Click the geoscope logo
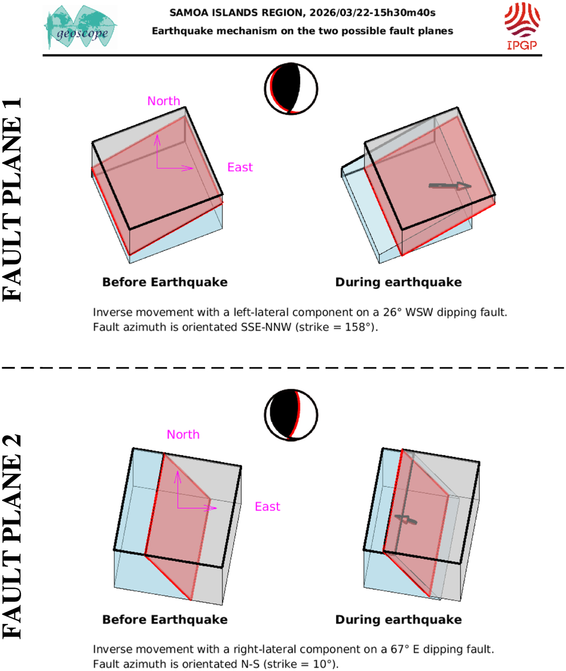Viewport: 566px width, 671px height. pos(80,27)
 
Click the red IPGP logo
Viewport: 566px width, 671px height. pos(522,26)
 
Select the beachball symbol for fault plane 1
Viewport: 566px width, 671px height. pos(291,89)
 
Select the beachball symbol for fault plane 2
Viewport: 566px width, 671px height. pos(291,415)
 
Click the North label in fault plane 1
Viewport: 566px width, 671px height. pos(163,101)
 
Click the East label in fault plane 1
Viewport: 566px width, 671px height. pos(240,167)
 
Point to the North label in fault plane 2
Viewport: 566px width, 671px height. pos(183,435)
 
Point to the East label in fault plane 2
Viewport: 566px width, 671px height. pos(267,507)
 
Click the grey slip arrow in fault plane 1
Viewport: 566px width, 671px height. pos(450,186)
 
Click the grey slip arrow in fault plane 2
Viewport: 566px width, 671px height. pos(406,519)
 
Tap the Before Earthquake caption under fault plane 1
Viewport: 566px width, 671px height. pos(165,282)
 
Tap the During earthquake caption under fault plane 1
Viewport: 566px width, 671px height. pos(398,282)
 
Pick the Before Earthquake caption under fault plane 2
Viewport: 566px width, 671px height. pos(165,620)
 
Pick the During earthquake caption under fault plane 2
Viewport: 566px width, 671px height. pos(398,620)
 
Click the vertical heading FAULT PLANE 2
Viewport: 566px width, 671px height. pos(12,537)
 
